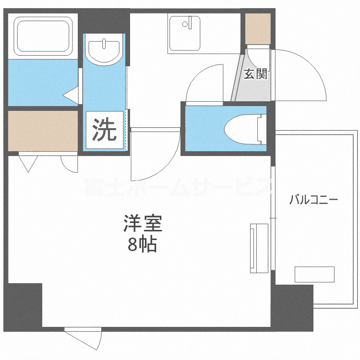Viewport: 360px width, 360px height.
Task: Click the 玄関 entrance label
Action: [255, 74]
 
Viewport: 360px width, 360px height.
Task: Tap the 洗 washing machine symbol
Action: [104, 129]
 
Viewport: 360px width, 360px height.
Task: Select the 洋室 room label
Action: [143, 224]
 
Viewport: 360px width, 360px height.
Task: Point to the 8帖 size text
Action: [143, 245]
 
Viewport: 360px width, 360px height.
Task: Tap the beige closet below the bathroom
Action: [43, 131]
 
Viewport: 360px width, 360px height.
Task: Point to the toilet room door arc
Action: [204, 84]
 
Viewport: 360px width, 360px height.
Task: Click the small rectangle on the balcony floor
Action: [314, 274]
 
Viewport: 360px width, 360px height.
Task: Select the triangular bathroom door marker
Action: [72, 95]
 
